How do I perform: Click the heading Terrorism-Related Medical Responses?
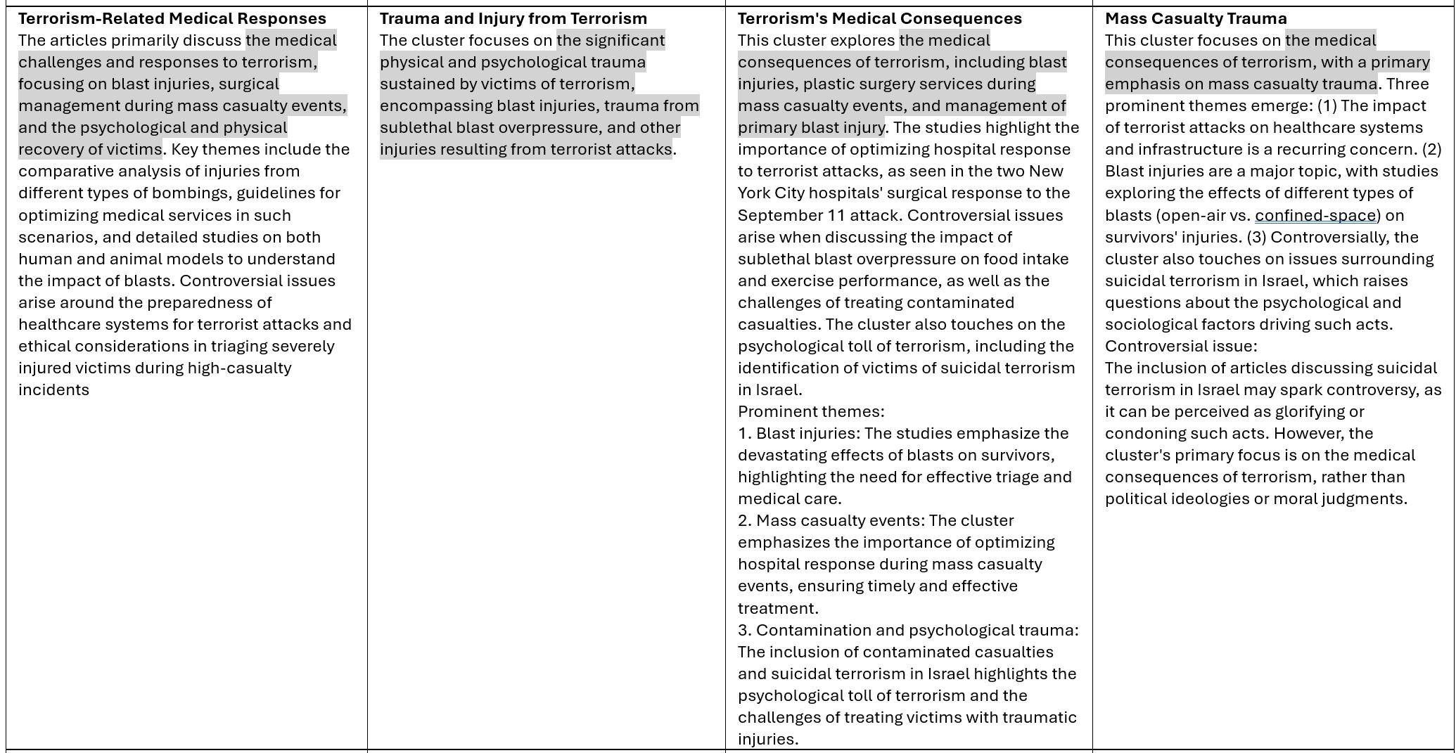coord(172,18)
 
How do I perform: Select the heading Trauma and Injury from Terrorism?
coord(513,18)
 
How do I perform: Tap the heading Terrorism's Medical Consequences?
coord(879,18)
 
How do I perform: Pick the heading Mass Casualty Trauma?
coord(1196,18)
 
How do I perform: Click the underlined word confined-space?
coord(1315,215)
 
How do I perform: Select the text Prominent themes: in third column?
coord(811,411)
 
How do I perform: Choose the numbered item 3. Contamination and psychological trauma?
coord(907,630)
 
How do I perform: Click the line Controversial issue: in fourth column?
coord(1180,346)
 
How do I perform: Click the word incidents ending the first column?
coord(54,390)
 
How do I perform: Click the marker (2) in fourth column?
coord(1431,149)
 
